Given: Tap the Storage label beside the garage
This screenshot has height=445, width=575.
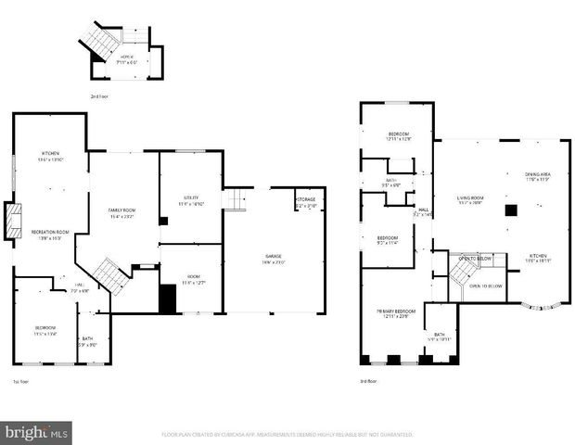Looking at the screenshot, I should pos(306,201).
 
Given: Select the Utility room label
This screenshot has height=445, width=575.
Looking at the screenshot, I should pos(191,199).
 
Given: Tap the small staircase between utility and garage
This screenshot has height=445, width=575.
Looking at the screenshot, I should pos(238,199).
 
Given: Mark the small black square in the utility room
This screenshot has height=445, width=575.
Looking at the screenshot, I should pos(163,222).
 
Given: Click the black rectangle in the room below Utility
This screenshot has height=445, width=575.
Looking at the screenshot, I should pos(167,299).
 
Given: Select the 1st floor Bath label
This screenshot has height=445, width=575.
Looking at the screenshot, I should pos(86,340).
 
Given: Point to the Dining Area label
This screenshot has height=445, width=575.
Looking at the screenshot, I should pos(537,176).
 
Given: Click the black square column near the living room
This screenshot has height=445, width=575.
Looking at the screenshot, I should pos(510,210).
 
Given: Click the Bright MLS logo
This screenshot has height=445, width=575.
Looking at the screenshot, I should pos(37,432).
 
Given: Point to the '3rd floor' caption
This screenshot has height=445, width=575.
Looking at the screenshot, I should pos(368,381).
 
